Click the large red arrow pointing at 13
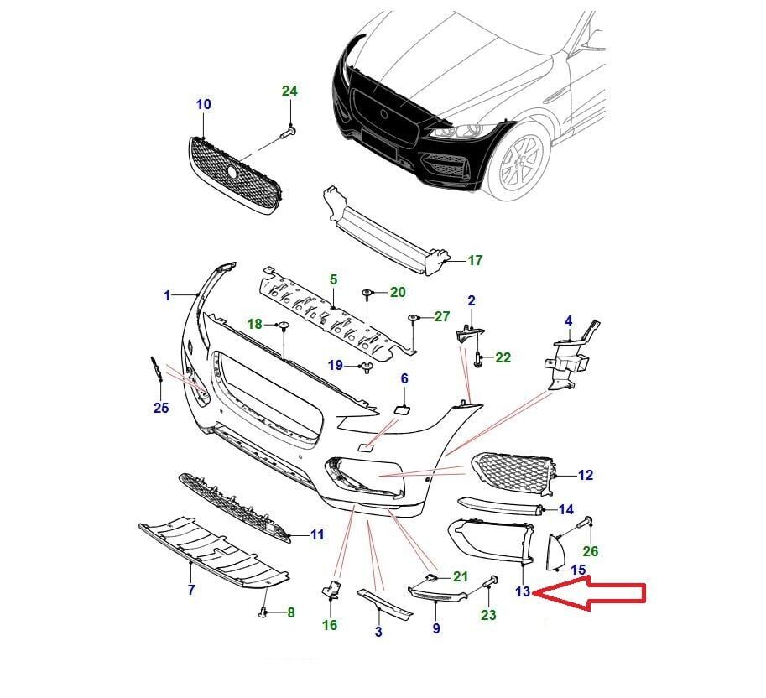point(591,593)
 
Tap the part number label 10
point(203,105)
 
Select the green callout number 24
point(289,91)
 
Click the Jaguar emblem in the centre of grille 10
point(233,171)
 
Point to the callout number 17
point(475,261)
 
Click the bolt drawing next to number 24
point(287,131)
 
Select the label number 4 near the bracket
point(568,320)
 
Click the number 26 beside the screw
point(591,551)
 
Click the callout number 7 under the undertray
point(191,591)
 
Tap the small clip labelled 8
point(263,612)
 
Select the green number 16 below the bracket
point(329,625)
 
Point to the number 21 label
point(460,576)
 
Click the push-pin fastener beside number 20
point(368,293)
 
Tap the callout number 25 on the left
point(161,408)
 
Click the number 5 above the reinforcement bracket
point(332,279)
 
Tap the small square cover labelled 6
point(401,409)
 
